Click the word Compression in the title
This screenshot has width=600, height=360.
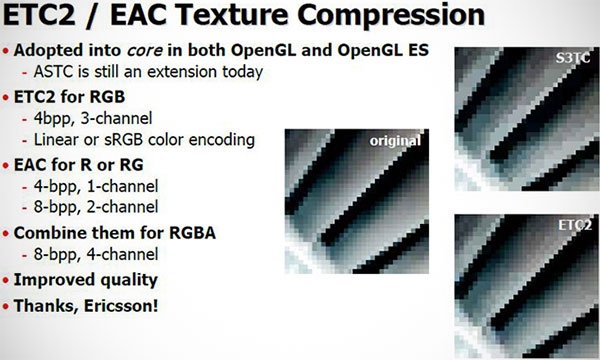391,15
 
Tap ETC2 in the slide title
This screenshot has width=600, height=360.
39,14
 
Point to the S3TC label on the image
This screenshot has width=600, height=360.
572,58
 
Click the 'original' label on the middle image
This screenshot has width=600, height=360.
395,141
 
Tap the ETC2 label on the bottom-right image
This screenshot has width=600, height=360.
575,225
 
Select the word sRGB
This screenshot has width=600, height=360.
124,140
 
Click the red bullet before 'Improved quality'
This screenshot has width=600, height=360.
5,280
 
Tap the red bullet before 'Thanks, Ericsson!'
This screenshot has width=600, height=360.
5,306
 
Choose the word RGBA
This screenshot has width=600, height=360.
192,233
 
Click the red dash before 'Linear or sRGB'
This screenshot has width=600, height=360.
24,141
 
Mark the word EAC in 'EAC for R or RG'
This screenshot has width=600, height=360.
30,165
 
